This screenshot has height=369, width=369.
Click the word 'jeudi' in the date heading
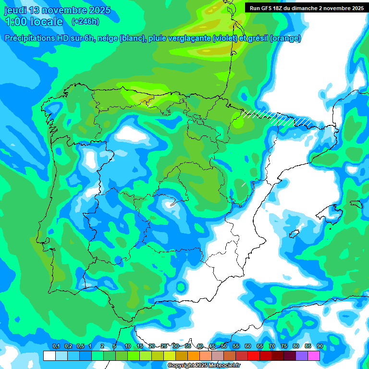click(16, 10)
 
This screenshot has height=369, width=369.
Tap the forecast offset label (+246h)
click(85, 21)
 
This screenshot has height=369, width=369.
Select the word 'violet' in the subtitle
click(224, 38)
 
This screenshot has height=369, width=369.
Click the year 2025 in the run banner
click(356, 8)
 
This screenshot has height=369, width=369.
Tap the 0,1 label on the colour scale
click(56, 346)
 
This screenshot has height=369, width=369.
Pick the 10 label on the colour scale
click(127, 346)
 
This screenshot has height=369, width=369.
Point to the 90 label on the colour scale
click(320, 346)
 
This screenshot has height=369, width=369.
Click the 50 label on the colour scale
click(223, 346)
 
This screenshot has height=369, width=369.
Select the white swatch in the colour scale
click(49, 356)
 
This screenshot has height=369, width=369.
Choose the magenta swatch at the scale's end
click(314, 356)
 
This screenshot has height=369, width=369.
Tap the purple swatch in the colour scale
click(302, 356)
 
